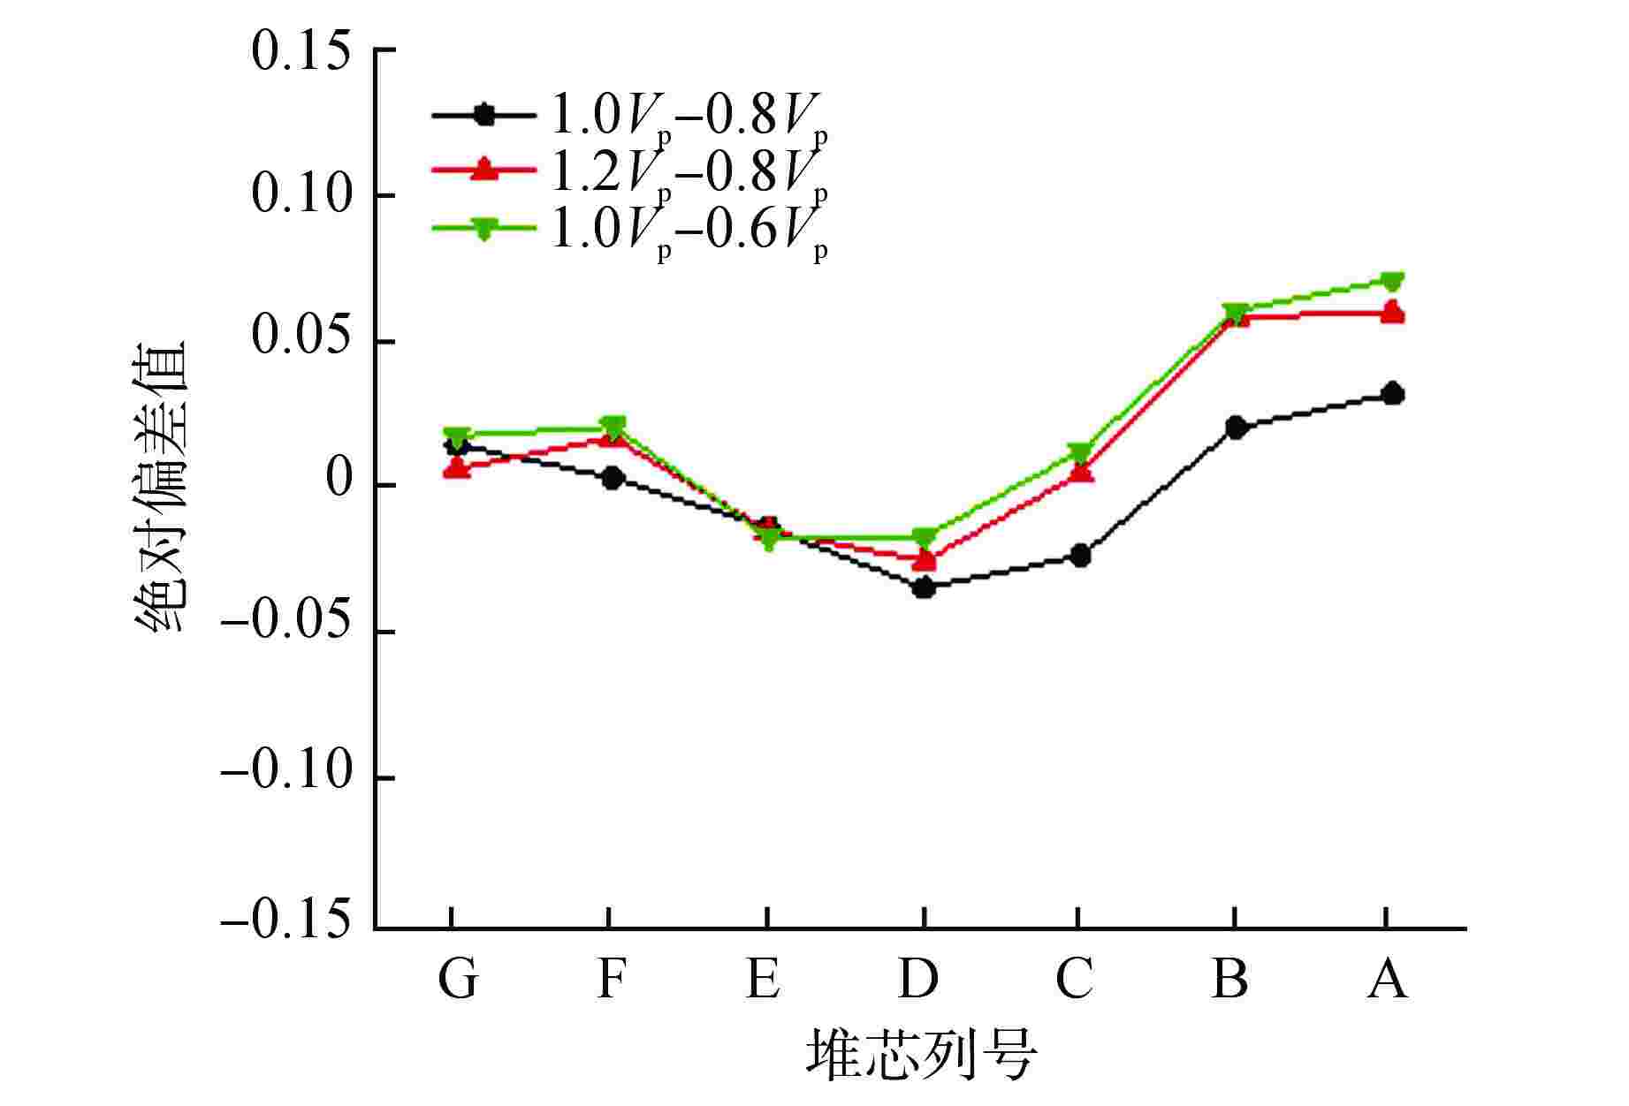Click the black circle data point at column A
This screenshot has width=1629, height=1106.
1393,394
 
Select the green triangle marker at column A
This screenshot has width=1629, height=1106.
1393,282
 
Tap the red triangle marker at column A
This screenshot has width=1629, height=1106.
1393,313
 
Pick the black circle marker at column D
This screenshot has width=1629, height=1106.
924,587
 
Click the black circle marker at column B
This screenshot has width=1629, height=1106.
1237,428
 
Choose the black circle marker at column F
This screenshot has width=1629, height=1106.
613,478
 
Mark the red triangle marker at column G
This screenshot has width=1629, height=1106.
457,468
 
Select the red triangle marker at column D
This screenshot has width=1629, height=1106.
924,560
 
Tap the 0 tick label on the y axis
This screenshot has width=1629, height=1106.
339,484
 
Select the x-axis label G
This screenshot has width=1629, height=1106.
457,979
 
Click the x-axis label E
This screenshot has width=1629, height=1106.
765,979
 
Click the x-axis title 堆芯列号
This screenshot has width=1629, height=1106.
920,1053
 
